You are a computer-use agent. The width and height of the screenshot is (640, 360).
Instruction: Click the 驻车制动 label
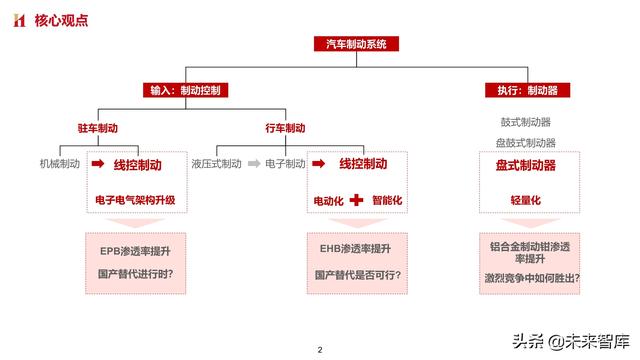(x=97, y=128)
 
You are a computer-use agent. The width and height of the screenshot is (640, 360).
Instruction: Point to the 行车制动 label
(x=285, y=128)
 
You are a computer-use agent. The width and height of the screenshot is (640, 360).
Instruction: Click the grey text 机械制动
(x=59, y=163)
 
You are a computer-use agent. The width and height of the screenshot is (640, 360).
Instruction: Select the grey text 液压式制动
(x=216, y=163)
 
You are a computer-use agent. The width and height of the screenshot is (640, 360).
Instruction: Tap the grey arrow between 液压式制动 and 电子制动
(x=254, y=163)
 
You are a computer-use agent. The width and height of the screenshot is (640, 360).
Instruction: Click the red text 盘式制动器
(x=526, y=164)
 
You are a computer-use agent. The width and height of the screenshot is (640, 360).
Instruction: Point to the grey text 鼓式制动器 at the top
(x=527, y=122)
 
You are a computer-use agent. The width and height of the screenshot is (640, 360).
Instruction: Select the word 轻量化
(x=526, y=200)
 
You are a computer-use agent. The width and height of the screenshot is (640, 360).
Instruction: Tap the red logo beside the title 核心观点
(x=18, y=19)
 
